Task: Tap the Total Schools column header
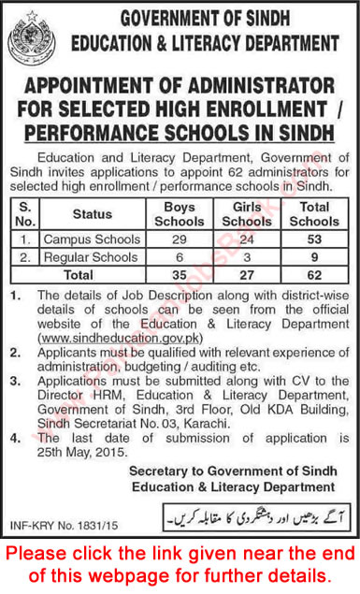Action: [313, 214]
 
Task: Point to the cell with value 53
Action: [313, 239]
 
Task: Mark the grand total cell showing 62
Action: [313, 275]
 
